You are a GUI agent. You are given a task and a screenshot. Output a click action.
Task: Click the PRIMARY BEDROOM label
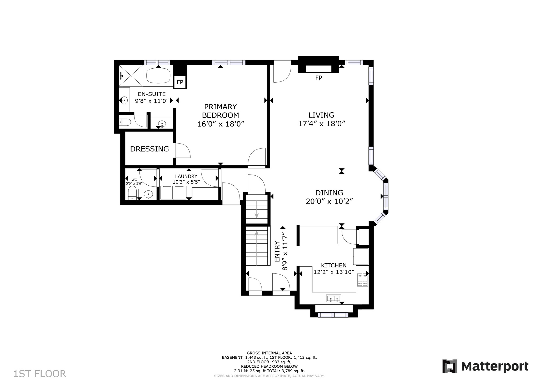point(221,111)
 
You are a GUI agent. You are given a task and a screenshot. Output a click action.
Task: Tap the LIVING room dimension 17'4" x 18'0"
point(322,124)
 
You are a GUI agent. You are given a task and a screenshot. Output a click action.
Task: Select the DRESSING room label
point(149,149)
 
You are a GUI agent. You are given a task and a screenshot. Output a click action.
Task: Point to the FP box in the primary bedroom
point(180,82)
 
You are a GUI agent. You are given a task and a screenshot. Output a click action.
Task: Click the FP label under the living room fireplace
point(319,78)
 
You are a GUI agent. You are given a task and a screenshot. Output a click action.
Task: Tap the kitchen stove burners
point(362,280)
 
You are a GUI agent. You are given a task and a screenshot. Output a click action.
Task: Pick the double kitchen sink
point(334,298)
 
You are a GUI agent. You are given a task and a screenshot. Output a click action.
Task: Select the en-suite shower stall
point(131,75)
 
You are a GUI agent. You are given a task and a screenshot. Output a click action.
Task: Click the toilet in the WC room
point(132,193)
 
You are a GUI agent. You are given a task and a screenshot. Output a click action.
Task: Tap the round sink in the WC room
point(148,194)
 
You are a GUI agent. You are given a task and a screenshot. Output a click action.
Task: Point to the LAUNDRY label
point(186,176)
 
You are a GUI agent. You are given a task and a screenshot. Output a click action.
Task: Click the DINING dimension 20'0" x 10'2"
point(329,201)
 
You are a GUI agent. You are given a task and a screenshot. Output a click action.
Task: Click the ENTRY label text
point(277,251)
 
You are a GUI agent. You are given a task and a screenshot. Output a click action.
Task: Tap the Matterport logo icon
point(450,366)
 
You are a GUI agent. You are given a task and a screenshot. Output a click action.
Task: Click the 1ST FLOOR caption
point(40,374)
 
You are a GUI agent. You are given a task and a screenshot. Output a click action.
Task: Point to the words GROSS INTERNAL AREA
point(269,353)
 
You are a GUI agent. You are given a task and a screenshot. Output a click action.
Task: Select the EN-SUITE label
point(152,94)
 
